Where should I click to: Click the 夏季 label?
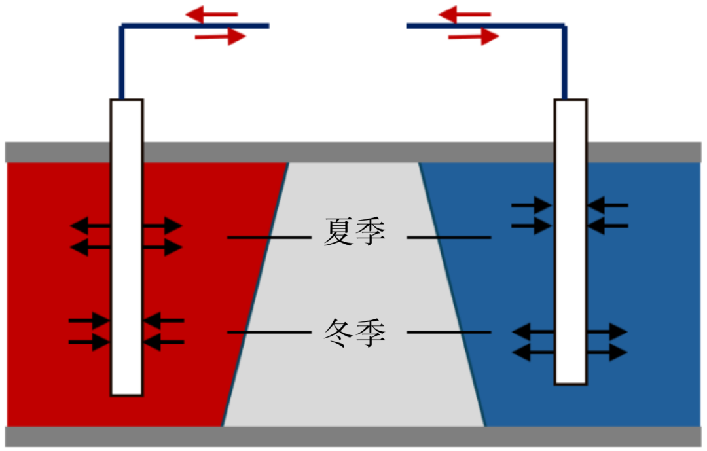tap(354, 233)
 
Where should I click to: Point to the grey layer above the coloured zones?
tap(353, 152)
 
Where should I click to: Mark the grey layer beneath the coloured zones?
tap(353, 437)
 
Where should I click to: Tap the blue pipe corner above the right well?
tap(564, 27)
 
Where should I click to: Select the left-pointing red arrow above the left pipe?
tap(211, 14)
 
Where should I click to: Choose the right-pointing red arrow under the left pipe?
tap(221, 37)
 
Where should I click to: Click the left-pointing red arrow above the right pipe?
tap(464, 14)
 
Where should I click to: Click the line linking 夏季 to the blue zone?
tap(448, 237)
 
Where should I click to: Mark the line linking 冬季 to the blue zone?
tap(448, 333)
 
